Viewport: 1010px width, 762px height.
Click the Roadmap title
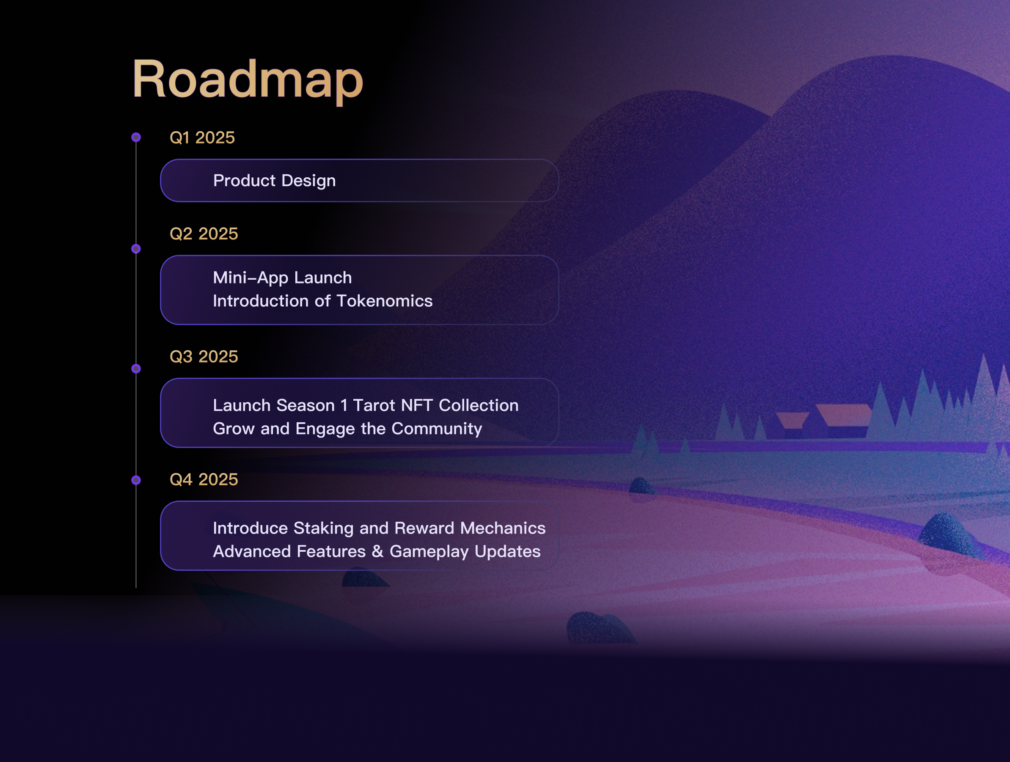click(x=248, y=80)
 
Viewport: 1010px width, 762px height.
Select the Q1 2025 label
click(x=202, y=138)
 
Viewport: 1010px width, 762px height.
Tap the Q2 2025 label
click(x=204, y=234)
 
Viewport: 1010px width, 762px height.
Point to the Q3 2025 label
click(x=204, y=357)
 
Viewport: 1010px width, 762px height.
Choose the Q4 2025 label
click(x=204, y=479)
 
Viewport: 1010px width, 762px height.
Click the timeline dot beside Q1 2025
click(x=136, y=137)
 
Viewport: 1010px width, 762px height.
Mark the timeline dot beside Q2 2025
click(x=136, y=249)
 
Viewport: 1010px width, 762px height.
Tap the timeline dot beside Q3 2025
click(x=136, y=369)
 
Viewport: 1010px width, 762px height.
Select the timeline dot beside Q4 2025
click(x=136, y=480)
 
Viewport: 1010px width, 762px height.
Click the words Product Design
click(x=275, y=181)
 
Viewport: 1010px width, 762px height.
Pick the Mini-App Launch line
click(x=282, y=278)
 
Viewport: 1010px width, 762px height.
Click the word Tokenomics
click(x=385, y=301)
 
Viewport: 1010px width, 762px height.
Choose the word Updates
click(x=507, y=552)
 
